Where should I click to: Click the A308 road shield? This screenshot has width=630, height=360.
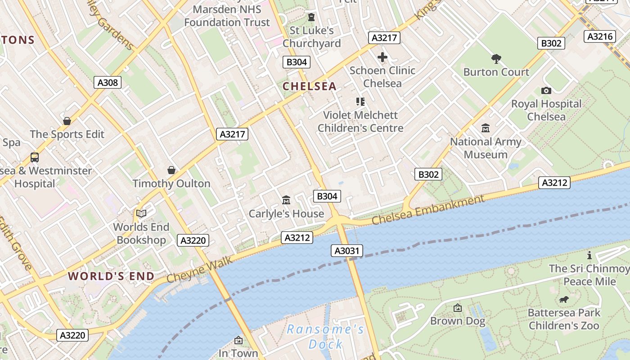pyautogui.click(x=108, y=82)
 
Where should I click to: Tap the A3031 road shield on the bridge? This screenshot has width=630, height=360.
pyautogui.click(x=347, y=251)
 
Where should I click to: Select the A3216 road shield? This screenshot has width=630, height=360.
pyautogui.click(x=600, y=36)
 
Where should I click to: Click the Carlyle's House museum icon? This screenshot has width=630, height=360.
pyautogui.click(x=286, y=200)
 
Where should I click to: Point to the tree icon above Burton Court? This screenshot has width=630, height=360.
pyautogui.click(x=496, y=58)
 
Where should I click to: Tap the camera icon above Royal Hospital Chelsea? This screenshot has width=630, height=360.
pyautogui.click(x=546, y=90)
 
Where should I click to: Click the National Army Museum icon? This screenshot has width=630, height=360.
pyautogui.click(x=486, y=128)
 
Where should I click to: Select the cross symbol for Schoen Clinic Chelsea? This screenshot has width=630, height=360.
pyautogui.click(x=382, y=57)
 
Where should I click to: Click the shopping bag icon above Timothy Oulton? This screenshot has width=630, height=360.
pyautogui.click(x=171, y=170)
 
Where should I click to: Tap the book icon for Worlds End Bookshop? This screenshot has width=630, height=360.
pyautogui.click(x=141, y=213)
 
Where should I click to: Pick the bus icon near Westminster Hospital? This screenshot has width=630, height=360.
pyautogui.click(x=35, y=157)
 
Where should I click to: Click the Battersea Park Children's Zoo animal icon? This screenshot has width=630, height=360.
pyautogui.click(x=563, y=299)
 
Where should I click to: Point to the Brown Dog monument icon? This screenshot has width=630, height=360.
pyautogui.click(x=458, y=308)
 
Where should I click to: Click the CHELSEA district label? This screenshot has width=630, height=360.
pyautogui.click(x=310, y=86)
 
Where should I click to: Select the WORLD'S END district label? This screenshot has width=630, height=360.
pyautogui.click(x=111, y=276)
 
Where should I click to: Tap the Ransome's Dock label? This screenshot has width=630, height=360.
pyautogui.click(x=325, y=337)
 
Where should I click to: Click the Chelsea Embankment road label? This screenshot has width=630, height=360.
pyautogui.click(x=428, y=210)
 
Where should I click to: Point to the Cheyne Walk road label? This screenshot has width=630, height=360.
pyautogui.click(x=200, y=269)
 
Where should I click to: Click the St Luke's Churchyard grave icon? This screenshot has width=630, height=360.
pyautogui.click(x=311, y=17)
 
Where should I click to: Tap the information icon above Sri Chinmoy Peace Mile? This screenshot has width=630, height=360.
pyautogui.click(x=589, y=255)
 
